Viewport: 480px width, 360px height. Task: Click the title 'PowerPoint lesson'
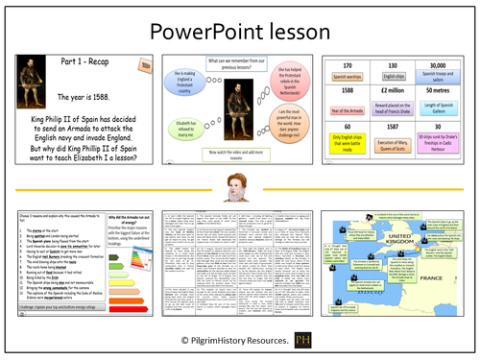[x=239, y=27]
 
